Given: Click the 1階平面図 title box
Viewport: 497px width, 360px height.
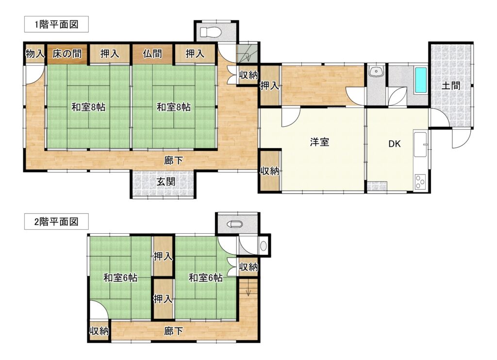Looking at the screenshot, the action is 56,24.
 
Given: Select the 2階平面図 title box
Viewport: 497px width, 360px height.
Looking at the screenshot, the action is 56,222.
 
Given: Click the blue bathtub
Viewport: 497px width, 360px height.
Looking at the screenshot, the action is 421,80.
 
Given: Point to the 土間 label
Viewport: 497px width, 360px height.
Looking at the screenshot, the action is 451,86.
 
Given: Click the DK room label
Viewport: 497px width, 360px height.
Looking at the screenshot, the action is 394,144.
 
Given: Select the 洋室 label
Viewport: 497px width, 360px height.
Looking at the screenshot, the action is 319,142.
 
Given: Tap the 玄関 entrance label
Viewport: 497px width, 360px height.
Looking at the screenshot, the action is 166,182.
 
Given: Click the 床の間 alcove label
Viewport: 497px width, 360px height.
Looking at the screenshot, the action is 67,53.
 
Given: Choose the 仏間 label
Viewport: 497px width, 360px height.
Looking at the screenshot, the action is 152,53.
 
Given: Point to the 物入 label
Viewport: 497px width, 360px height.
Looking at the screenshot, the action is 34,53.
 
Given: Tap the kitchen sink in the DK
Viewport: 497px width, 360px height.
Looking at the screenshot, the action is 421,145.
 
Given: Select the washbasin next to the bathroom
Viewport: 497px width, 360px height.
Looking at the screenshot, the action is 376,71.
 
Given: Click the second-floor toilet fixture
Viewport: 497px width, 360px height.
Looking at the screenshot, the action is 234,224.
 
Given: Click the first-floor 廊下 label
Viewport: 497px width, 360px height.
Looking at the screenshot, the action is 173,160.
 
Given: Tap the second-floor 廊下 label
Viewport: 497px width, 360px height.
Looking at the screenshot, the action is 173,331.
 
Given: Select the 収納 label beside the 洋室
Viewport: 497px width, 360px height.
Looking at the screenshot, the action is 270,171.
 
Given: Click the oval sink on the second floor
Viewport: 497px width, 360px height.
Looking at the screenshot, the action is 264,245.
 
